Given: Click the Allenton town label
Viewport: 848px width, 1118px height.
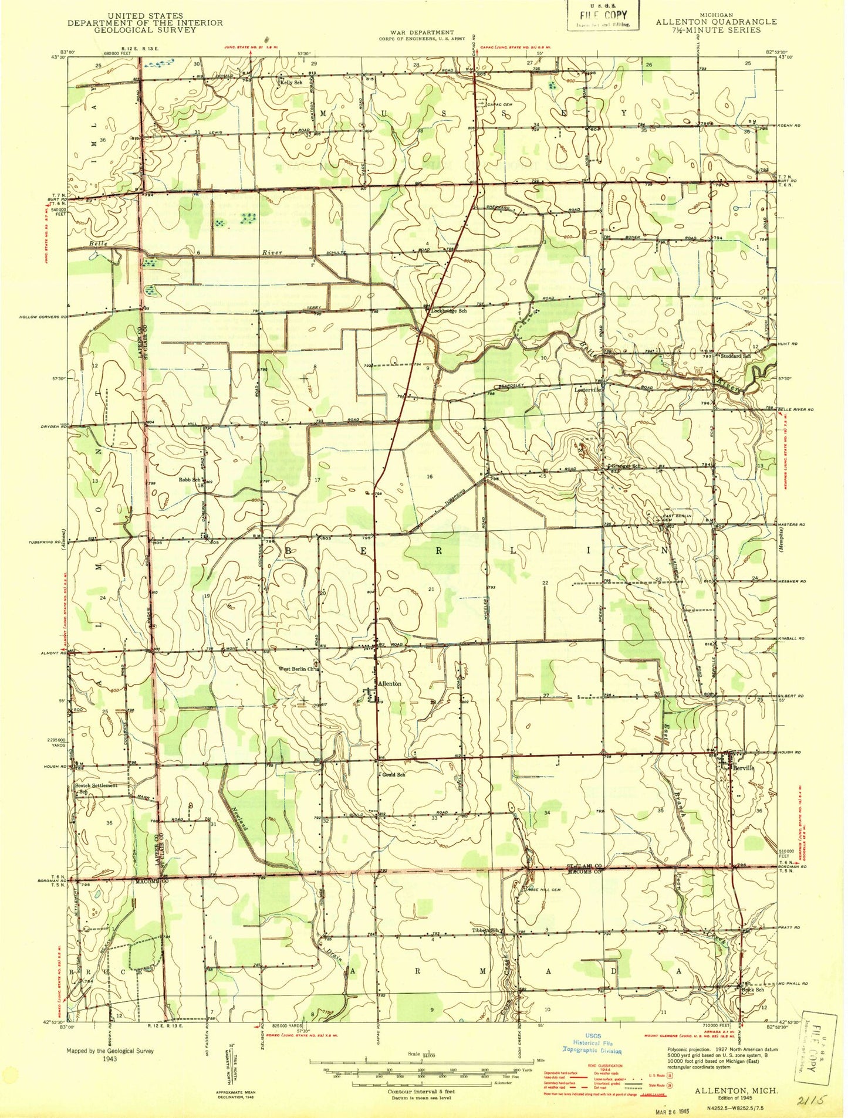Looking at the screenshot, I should [389, 683].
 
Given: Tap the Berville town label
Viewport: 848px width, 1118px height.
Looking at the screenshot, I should [742, 767].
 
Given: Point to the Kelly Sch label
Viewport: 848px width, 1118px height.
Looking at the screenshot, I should [291, 83].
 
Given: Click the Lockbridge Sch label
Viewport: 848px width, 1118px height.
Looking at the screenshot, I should [449, 311].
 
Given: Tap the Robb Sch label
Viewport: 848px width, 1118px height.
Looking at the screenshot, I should [189, 480].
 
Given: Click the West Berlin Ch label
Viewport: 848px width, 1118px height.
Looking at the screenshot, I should [297, 669].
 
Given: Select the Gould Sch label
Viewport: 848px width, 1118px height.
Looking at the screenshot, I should [393, 775].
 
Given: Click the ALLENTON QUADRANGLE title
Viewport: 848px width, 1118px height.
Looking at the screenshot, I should [716, 22].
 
